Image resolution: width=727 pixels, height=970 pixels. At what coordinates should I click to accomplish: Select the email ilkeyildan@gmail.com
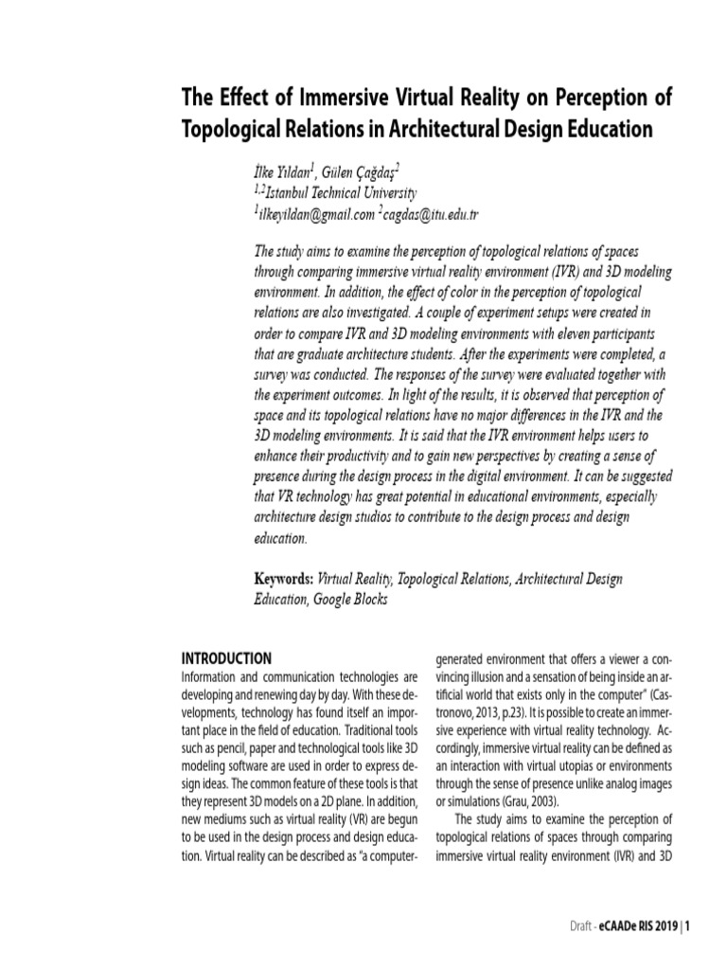[312, 213]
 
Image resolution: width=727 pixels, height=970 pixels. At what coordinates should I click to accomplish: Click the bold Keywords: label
[284, 577]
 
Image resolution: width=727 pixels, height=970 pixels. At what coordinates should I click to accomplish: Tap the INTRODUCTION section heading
[226, 658]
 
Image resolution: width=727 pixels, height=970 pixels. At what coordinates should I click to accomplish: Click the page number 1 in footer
[688, 926]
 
